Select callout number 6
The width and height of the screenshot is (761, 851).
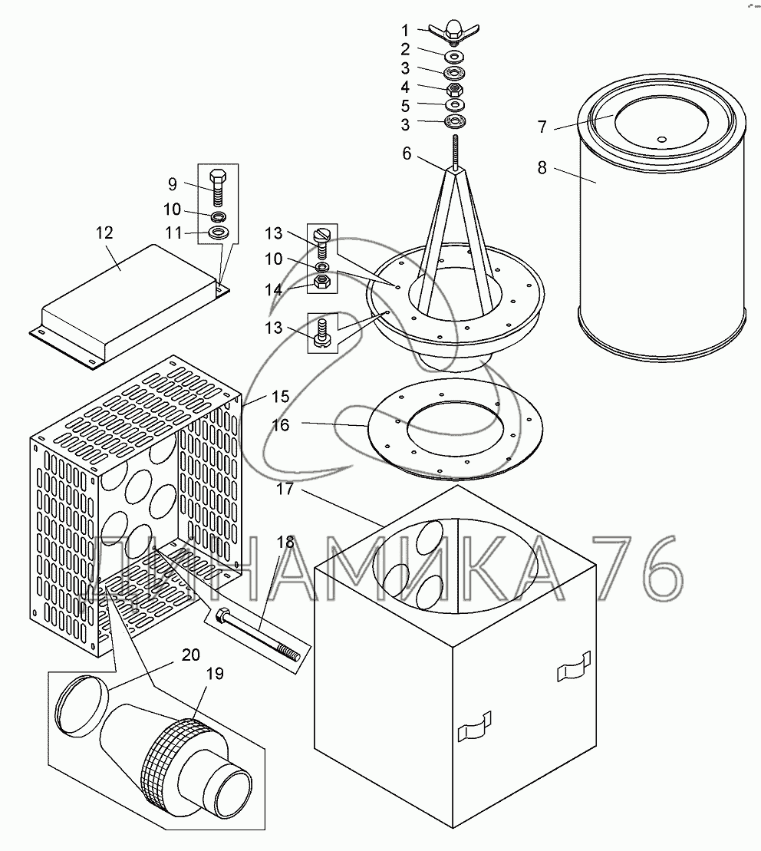coord(407,154)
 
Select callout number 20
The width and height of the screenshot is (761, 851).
coord(191,655)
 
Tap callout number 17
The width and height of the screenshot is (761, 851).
coord(285,489)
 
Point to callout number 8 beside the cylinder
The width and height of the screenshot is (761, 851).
coord(542,168)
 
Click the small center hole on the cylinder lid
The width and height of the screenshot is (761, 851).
coord(661,140)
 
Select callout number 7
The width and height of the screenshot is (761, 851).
coord(542,127)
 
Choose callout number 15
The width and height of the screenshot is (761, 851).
coord(280,397)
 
